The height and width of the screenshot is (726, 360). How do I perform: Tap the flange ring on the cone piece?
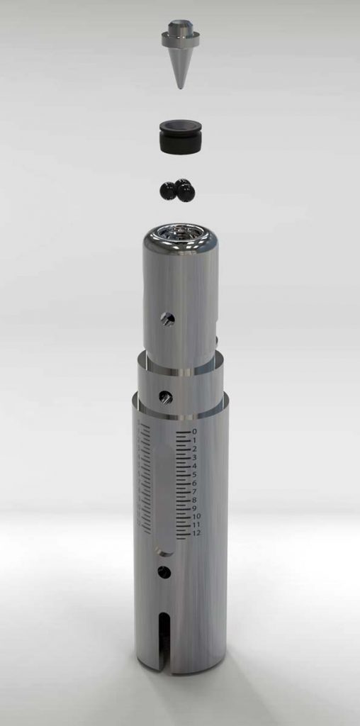tap(181, 40)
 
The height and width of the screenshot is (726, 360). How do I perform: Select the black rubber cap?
tap(181, 136)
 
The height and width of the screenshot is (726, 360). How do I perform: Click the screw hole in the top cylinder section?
tap(167, 318)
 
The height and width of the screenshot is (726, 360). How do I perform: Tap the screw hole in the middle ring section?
tap(165, 397)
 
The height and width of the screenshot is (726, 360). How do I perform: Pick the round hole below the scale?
tap(164, 572)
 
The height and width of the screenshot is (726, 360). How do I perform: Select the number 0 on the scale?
tap(194, 432)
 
